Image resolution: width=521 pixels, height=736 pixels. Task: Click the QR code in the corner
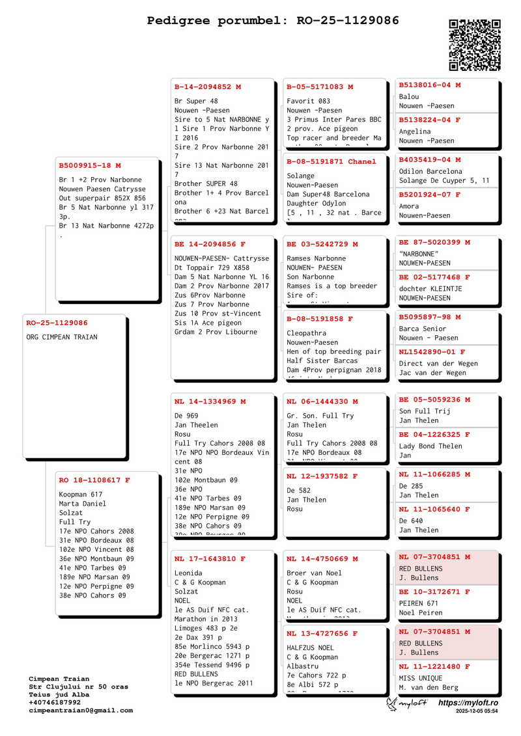point(475,45)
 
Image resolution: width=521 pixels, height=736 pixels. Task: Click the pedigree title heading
point(273,21)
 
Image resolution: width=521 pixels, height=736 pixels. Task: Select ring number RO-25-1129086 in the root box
point(57,323)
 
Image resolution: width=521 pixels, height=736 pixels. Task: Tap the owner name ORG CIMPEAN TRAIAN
point(62,337)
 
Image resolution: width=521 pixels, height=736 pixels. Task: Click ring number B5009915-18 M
point(90,165)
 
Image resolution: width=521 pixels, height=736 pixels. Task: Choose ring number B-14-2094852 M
point(208,87)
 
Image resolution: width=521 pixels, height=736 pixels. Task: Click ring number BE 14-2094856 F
point(210,244)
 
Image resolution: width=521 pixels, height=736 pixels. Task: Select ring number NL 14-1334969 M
point(210,402)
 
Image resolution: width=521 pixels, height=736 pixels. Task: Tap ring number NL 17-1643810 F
point(210,559)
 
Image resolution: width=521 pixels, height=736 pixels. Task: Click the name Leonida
point(188,573)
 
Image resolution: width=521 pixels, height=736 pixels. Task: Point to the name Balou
point(409,97)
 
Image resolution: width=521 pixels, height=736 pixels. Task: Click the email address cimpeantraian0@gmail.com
point(81,711)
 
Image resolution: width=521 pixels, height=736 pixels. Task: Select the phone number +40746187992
point(55,703)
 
